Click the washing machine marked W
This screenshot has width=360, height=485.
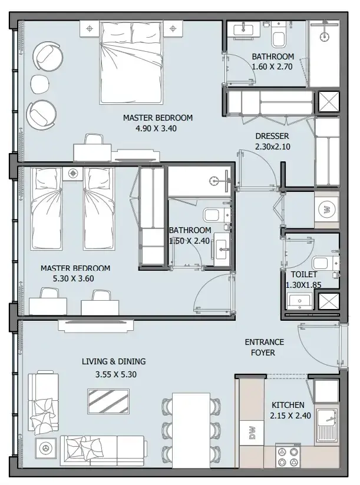point(327,210)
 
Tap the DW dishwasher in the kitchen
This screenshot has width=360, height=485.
point(252,433)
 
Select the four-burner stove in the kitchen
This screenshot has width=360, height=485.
point(288,457)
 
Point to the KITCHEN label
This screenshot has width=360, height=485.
point(288,405)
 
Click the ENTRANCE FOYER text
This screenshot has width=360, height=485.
point(264,347)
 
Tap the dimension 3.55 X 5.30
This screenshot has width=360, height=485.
point(115,374)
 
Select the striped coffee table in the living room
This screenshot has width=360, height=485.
point(108,401)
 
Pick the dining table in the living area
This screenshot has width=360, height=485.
point(191,430)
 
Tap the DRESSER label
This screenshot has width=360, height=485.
point(272,136)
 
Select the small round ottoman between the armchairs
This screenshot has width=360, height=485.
point(40,84)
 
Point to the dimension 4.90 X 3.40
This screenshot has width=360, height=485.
point(156,128)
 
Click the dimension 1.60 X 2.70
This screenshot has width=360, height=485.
point(272,67)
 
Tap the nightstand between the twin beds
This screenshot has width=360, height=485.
point(72,173)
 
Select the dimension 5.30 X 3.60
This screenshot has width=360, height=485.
point(74,278)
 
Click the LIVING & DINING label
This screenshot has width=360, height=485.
point(114,361)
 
